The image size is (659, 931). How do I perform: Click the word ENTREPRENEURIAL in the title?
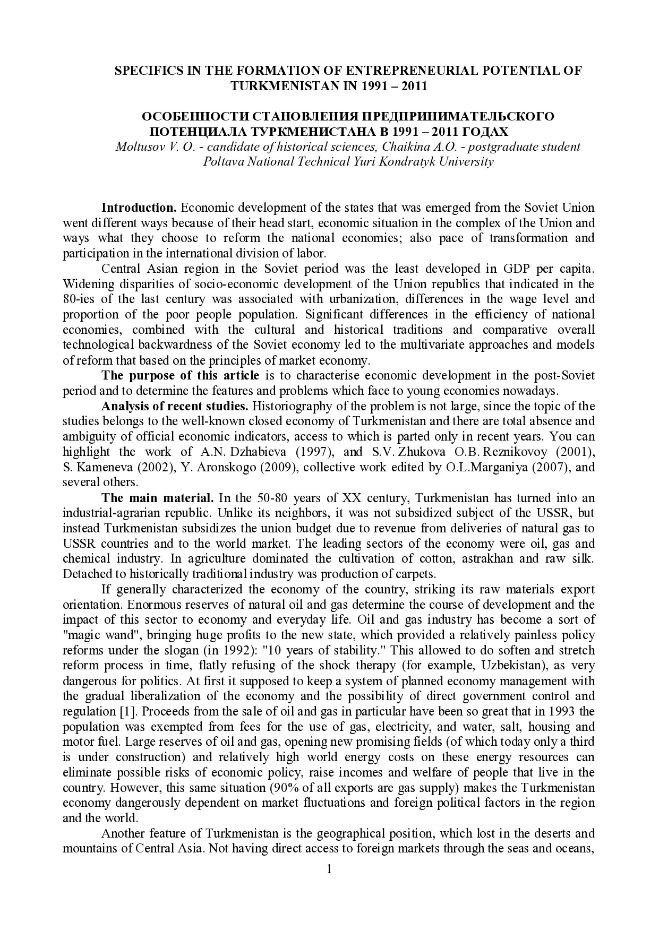coord(403,71)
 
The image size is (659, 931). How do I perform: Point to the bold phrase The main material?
coord(157,498)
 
